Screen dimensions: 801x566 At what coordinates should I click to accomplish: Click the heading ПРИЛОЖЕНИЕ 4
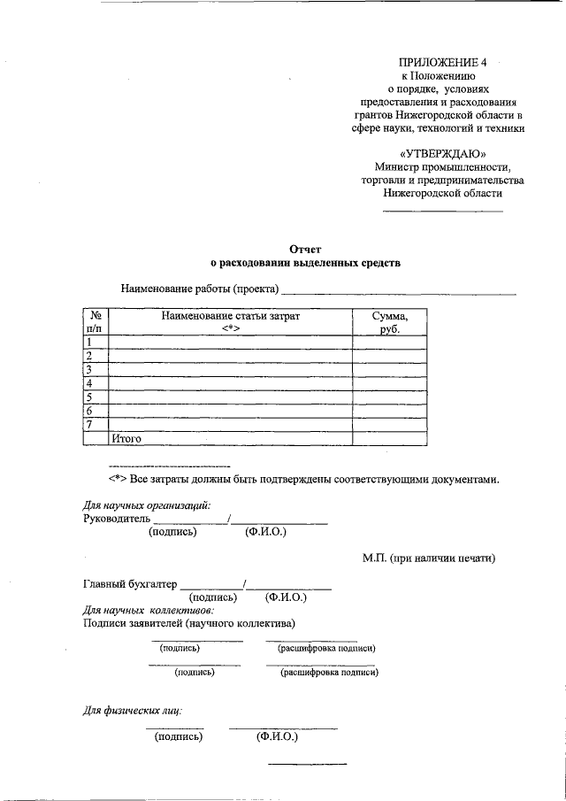pos(442,62)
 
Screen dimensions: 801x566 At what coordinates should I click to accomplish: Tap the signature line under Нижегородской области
pos(442,212)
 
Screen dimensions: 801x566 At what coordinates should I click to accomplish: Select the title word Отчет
pos(304,250)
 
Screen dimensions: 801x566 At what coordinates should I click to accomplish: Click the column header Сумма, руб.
pos(389,322)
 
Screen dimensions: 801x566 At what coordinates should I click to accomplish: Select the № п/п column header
pos(95,322)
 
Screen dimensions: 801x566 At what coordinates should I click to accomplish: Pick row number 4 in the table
pos(89,383)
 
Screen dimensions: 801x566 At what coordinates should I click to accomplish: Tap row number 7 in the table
pos(89,424)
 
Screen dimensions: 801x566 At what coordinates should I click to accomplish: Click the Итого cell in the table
pos(126,438)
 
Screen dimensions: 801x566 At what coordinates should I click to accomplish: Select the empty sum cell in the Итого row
pos(389,438)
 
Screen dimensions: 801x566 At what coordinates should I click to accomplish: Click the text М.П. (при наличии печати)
pos(428,558)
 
